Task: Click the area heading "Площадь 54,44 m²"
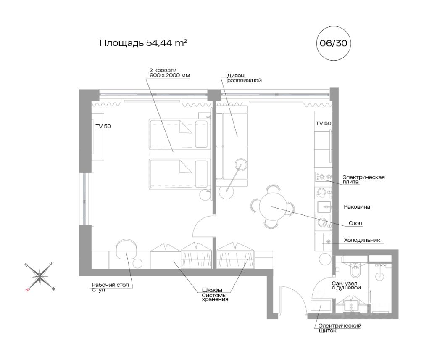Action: [143, 43]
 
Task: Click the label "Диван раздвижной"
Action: [245, 78]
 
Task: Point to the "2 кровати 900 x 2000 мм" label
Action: [170, 73]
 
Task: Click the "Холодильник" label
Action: [362, 240]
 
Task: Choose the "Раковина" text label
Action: [357, 207]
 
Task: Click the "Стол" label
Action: [355, 223]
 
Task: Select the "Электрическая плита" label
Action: [363, 179]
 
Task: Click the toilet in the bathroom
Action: [355, 270]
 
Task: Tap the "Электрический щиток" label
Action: [340, 328]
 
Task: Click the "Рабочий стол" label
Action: [111, 285]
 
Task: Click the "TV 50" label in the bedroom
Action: [103, 126]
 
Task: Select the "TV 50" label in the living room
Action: [324, 123]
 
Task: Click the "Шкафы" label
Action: [212, 290]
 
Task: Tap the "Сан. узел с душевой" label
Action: [346, 286]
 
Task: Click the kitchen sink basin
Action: [324, 206]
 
